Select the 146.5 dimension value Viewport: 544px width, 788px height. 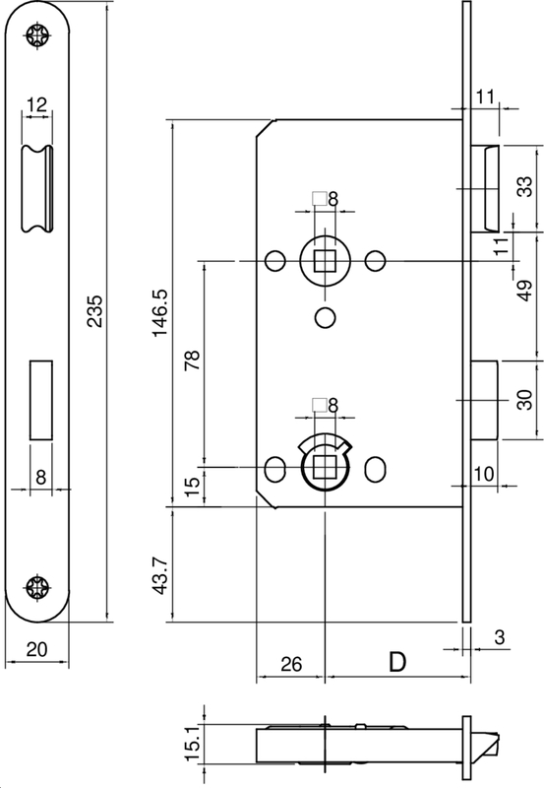[160, 313]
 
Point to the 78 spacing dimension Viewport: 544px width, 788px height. [192, 361]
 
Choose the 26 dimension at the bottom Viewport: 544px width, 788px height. [290, 665]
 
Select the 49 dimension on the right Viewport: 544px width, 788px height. [524, 292]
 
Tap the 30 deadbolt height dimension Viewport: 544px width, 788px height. [524, 400]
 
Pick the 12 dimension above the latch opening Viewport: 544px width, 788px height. [36, 103]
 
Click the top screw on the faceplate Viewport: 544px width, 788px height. [39, 38]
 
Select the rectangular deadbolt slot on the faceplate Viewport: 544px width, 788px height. [39, 400]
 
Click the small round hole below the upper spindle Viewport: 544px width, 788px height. [323, 317]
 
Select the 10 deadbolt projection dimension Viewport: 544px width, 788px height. [483, 474]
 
